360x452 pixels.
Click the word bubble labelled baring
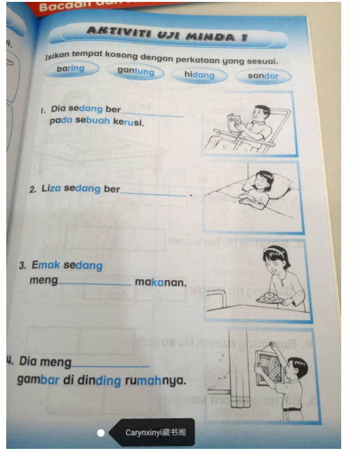pyautogui.click(x=70, y=68)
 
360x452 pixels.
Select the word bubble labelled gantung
pyautogui.click(x=135, y=72)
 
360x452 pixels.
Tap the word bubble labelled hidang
pyautogui.click(x=199, y=75)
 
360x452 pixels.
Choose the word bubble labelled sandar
pyautogui.click(x=263, y=77)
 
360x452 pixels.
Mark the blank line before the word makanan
pyautogui.click(x=95, y=284)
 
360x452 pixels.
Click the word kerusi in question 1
pyautogui.click(x=129, y=122)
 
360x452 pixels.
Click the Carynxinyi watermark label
pyautogui.click(x=154, y=433)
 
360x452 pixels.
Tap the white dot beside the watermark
pyautogui.click(x=101, y=433)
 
